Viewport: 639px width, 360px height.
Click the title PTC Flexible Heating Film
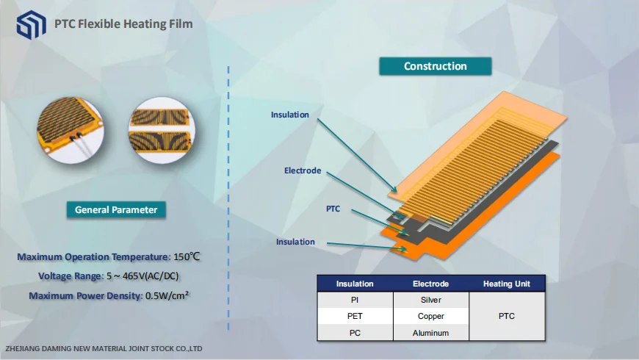click(x=123, y=24)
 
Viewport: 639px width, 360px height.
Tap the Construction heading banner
click(x=435, y=66)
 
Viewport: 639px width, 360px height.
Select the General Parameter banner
click(x=116, y=210)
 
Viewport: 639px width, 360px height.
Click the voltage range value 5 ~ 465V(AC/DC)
click(x=142, y=276)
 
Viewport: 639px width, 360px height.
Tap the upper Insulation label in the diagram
click(x=289, y=115)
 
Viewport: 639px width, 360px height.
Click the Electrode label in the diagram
click(x=303, y=170)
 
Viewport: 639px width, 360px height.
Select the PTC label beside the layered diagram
click(x=333, y=209)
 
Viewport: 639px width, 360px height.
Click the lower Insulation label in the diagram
click(x=295, y=242)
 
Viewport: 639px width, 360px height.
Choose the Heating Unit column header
click(x=506, y=284)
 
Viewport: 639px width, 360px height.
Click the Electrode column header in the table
click(x=430, y=284)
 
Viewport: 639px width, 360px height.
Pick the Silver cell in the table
click(x=430, y=300)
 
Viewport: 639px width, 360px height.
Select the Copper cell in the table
click(x=430, y=316)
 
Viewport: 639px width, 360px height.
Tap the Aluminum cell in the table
click(x=430, y=333)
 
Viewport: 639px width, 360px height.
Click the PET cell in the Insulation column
click(x=355, y=316)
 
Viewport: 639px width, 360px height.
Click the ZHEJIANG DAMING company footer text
click(x=104, y=348)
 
